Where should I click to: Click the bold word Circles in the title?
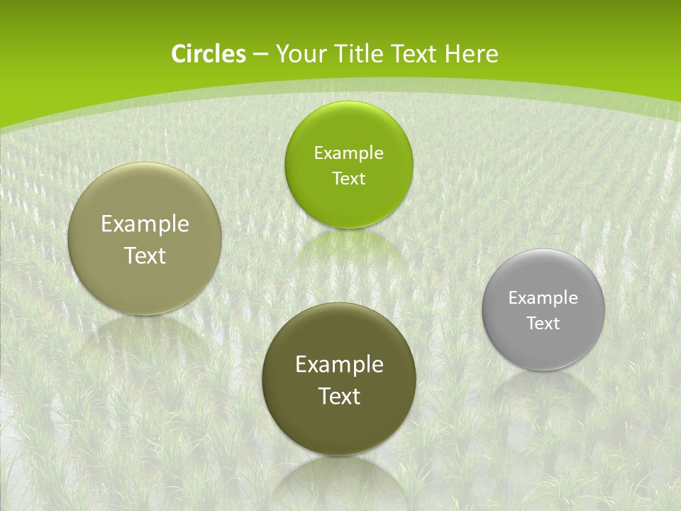[x=209, y=54]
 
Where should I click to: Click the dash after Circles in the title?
[x=260, y=55]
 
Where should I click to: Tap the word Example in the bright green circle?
[x=348, y=153]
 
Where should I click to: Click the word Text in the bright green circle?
[x=348, y=179]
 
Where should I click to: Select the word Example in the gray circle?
[x=543, y=298]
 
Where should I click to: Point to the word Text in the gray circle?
[x=543, y=324]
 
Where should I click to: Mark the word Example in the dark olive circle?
[x=339, y=365]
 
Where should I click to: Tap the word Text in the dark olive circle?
[x=339, y=396]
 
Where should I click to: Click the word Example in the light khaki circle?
[x=145, y=224]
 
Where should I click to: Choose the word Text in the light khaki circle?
[x=145, y=255]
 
